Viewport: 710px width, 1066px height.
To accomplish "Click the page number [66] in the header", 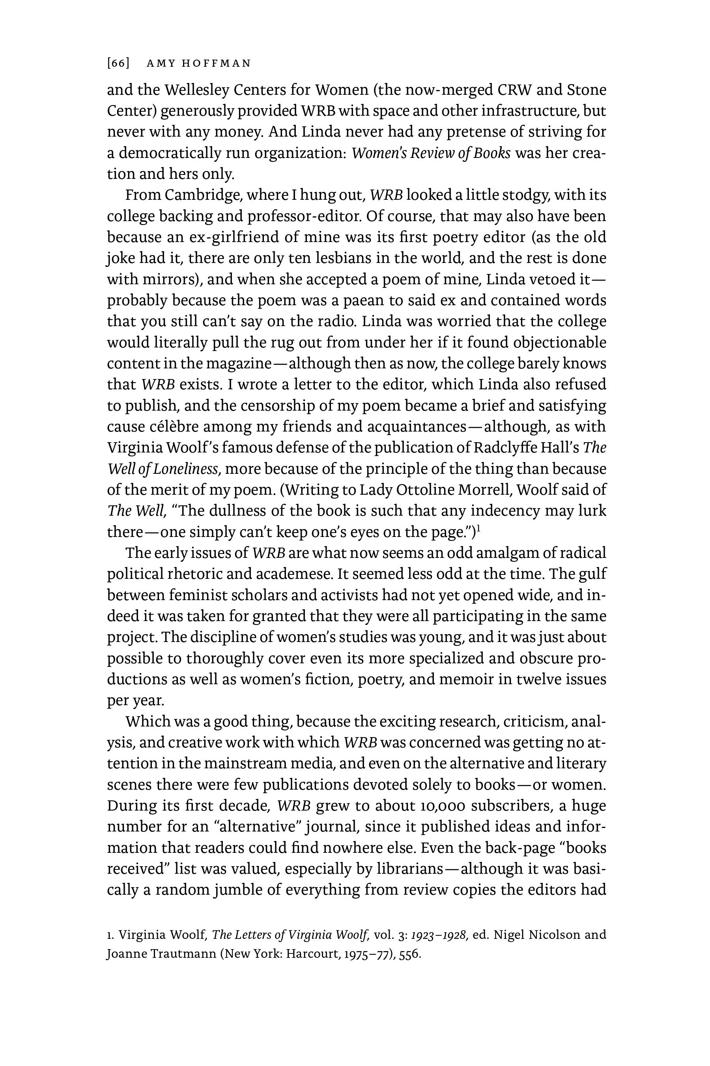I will click(118, 64).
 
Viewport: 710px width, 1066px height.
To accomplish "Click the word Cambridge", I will click(199, 195).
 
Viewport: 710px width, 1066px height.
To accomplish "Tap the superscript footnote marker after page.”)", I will click(478, 527).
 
